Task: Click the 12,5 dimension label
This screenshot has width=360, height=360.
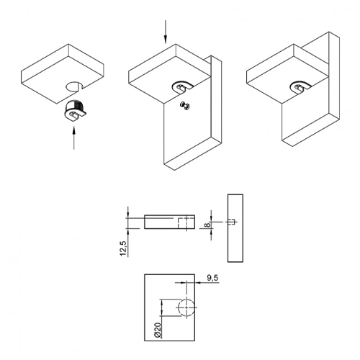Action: click(x=123, y=248)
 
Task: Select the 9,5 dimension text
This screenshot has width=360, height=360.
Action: click(x=212, y=278)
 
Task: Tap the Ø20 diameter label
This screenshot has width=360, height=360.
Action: click(x=158, y=330)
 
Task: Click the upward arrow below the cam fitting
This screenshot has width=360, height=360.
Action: click(x=74, y=138)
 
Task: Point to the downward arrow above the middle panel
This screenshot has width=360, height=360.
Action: click(x=166, y=32)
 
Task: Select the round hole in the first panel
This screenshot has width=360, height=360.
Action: click(x=74, y=87)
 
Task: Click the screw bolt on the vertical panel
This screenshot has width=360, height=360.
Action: click(x=185, y=106)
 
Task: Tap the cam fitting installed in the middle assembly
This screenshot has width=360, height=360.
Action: click(x=182, y=86)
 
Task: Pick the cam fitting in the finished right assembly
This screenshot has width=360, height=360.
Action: click(x=300, y=86)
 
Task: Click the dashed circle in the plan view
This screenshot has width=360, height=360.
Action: click(x=186, y=307)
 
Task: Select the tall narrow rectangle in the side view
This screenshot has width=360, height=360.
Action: click(x=235, y=228)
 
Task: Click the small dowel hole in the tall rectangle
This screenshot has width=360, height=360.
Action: click(x=232, y=222)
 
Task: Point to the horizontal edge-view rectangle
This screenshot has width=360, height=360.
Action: click(x=169, y=222)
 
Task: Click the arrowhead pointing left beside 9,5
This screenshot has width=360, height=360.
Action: click(x=198, y=283)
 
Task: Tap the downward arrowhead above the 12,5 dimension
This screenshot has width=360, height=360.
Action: click(x=128, y=212)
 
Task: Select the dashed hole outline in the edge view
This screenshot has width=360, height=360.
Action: click(x=182, y=223)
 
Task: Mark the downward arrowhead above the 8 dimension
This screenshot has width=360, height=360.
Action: click(x=211, y=216)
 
